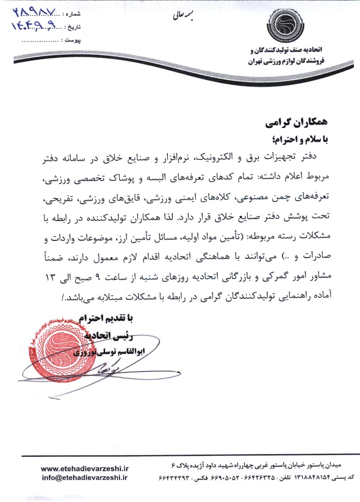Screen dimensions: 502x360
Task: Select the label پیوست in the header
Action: (x=74, y=40)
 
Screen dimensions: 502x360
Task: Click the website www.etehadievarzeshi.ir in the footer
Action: (x=85, y=469)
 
